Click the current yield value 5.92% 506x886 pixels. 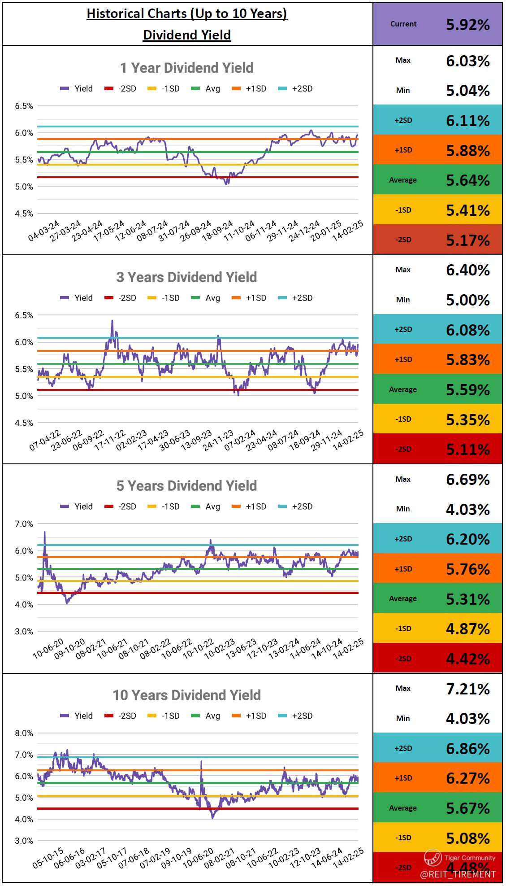[467, 25]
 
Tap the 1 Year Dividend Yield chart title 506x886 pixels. [186, 68]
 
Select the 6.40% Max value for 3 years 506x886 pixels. [467, 270]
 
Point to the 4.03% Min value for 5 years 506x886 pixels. [467, 509]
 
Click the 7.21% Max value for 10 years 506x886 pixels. [467, 689]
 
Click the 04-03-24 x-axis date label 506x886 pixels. [44, 231]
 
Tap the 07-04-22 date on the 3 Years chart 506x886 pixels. [45, 440]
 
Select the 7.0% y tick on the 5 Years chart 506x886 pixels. [24, 524]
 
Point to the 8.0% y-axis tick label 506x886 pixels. [24, 733]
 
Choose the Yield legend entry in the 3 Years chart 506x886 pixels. [77, 298]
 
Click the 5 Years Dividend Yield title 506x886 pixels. [186, 486]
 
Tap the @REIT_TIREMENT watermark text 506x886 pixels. [458, 874]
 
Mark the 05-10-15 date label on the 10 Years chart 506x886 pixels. [48, 858]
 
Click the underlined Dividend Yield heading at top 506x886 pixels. [187, 35]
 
